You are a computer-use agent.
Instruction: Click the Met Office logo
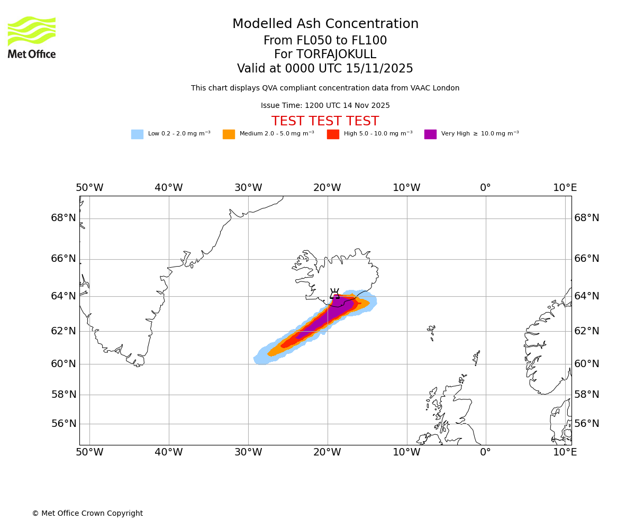point(32,37)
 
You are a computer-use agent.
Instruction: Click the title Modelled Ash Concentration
point(325,24)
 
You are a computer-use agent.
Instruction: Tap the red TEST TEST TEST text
point(325,122)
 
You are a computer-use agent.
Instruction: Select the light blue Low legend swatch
point(137,134)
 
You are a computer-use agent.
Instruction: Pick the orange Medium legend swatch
point(229,134)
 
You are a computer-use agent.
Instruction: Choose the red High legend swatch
point(333,134)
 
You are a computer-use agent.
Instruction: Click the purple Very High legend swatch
point(430,134)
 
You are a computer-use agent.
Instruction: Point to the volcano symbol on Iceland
point(334,294)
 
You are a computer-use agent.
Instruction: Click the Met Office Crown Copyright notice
point(87,514)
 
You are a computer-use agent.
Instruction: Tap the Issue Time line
point(325,106)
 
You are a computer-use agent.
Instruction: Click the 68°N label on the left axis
point(63,218)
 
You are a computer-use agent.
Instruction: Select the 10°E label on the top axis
point(565,188)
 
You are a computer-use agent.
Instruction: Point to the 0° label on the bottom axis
point(485,452)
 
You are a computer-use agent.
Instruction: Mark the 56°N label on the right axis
point(587,424)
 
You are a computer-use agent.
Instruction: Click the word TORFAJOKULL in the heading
point(336,54)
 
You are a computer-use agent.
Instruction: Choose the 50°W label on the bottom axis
point(89,452)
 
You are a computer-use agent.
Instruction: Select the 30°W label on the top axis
point(248,188)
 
